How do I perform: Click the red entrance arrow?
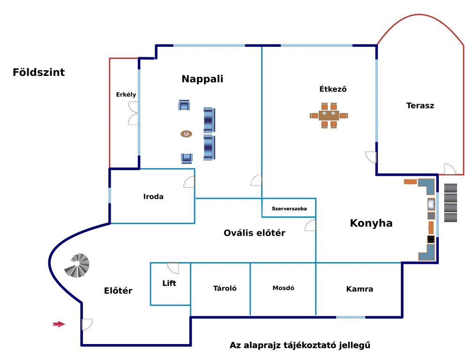pyautogui.click(x=59, y=324)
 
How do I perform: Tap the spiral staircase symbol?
pyautogui.click(x=77, y=265)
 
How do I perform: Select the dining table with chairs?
pyautogui.click(x=329, y=115)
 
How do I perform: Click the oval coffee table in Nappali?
pyautogui.click(x=187, y=134)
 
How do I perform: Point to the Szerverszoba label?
pyautogui.click(x=289, y=209)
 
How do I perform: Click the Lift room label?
pyautogui.click(x=169, y=283)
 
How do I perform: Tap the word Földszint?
pyautogui.click(x=38, y=72)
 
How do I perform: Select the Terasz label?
pyautogui.click(x=420, y=105)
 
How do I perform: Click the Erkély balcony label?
pyautogui.click(x=126, y=94)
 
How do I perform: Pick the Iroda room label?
pyautogui.click(x=153, y=197)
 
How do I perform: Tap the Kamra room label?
pyautogui.click(x=360, y=289)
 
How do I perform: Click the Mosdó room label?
pyautogui.click(x=283, y=288)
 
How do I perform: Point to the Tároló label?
pyautogui.click(x=225, y=288)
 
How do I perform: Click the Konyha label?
pyautogui.click(x=371, y=223)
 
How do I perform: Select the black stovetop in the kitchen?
pyautogui.click(x=431, y=240)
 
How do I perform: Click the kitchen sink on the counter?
pyautogui.click(x=431, y=204)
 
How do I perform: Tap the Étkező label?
pyautogui.click(x=333, y=89)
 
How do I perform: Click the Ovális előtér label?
pyautogui.click(x=254, y=233)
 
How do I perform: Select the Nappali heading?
pyautogui.click(x=203, y=79)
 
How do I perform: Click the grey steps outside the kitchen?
pyautogui.click(x=450, y=203)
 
